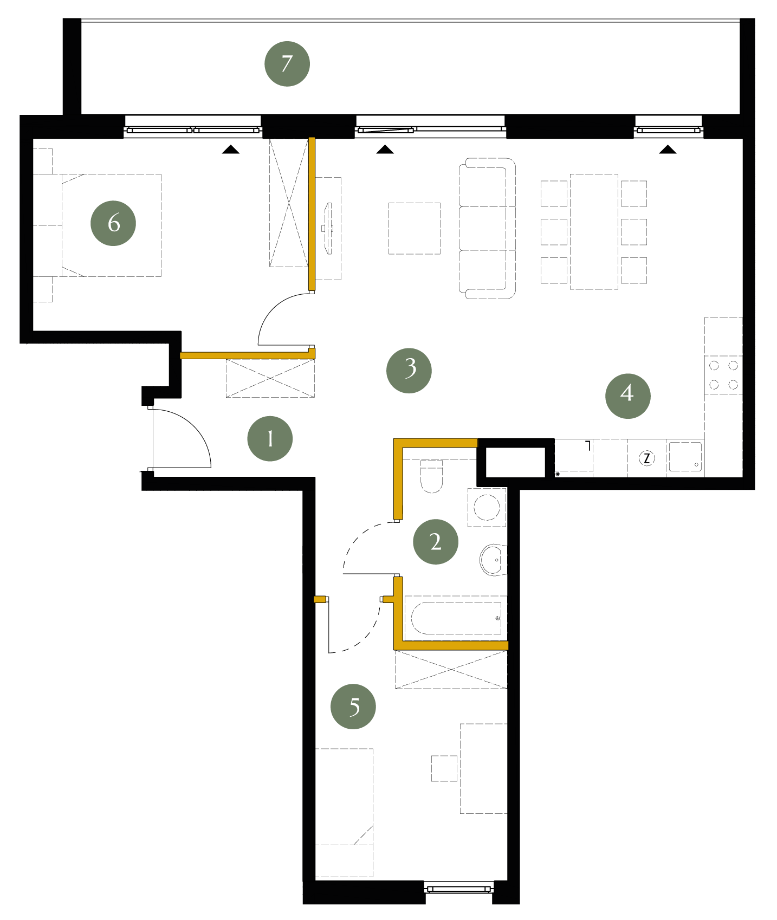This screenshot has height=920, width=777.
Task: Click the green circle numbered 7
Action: click(x=287, y=64)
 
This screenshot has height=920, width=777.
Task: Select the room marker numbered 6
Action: click(x=113, y=223)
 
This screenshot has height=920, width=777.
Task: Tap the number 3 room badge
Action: click(x=409, y=371)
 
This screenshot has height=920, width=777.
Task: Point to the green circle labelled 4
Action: click(x=628, y=396)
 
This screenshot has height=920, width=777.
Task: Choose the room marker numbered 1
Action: click(x=270, y=439)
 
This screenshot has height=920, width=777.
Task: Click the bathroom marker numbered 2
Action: click(x=436, y=542)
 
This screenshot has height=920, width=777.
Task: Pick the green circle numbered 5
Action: click(x=353, y=707)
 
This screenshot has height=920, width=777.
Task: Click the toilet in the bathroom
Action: click(x=432, y=477)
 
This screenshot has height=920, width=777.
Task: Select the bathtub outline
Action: click(x=456, y=618)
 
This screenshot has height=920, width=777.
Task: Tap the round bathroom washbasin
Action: click(x=493, y=560)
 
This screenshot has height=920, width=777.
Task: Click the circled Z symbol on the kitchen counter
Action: click(x=646, y=458)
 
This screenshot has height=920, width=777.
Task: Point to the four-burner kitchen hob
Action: click(x=723, y=375)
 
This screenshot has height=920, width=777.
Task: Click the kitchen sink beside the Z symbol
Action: click(x=685, y=457)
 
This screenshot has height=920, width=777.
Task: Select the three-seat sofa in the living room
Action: click(x=487, y=229)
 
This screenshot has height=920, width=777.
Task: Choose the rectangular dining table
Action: click(x=594, y=232)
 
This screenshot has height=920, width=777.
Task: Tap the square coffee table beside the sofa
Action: click(x=415, y=229)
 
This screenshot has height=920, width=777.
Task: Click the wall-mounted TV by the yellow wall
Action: click(x=327, y=228)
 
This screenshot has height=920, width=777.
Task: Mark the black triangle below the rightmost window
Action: click(x=668, y=150)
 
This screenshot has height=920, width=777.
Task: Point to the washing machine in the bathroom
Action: click(x=487, y=507)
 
